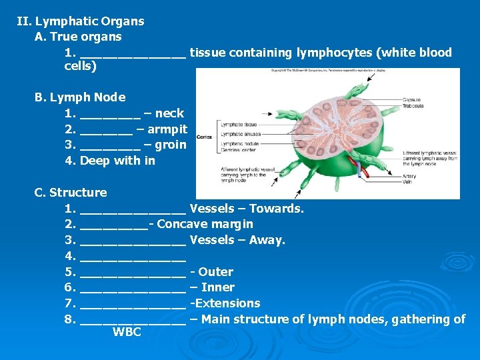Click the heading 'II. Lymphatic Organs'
click(80, 21)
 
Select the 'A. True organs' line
click(78, 37)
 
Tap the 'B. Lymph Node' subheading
click(80, 97)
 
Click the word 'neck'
click(169, 113)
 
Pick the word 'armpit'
click(167, 129)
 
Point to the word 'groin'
click(171, 145)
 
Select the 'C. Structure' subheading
click(71, 193)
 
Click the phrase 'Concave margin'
click(205, 224)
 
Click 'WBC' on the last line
click(127, 332)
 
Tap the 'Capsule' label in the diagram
click(411, 100)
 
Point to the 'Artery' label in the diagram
click(409, 177)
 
